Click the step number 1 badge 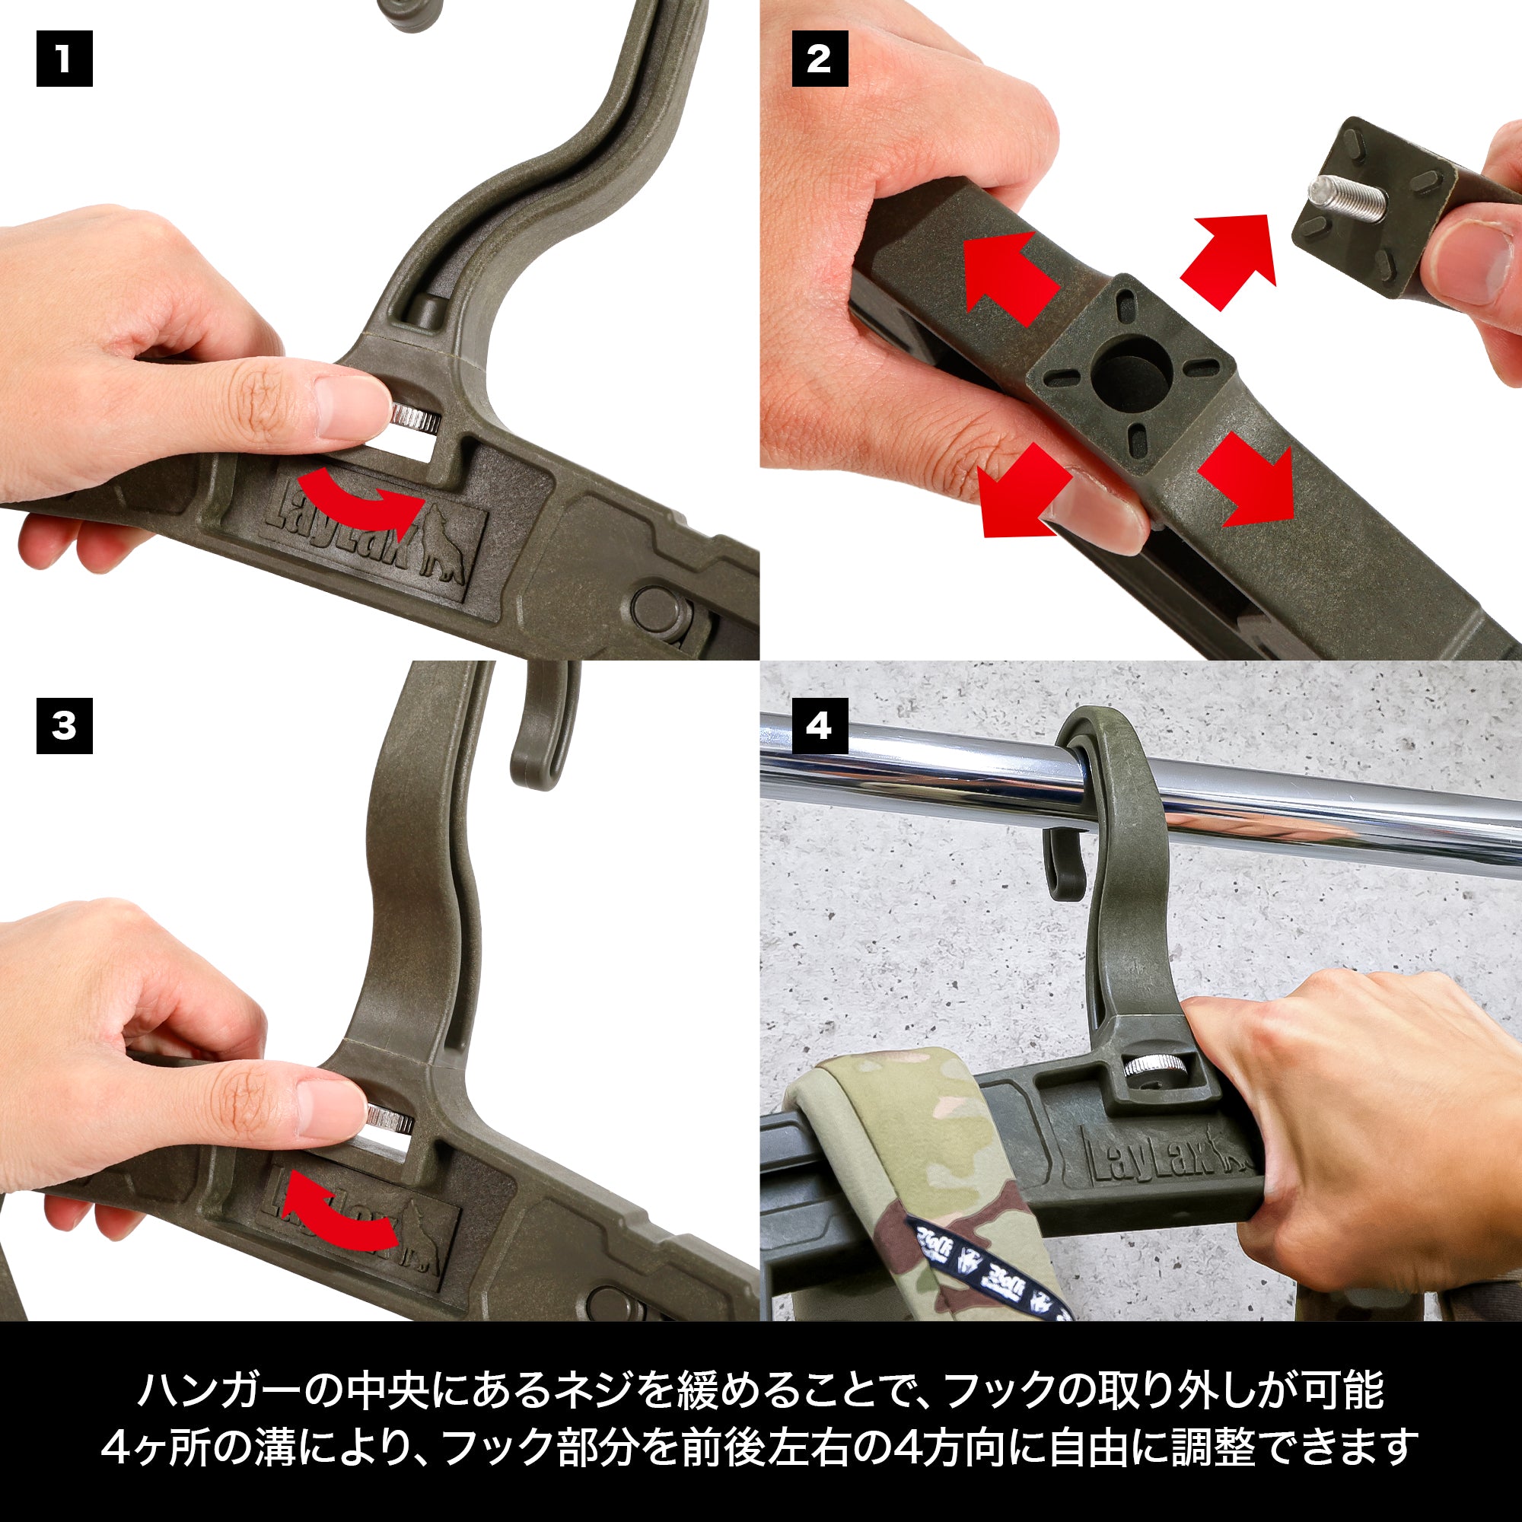point(65,59)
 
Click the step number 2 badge point(820,59)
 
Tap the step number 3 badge point(65,725)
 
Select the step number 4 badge point(820,725)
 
